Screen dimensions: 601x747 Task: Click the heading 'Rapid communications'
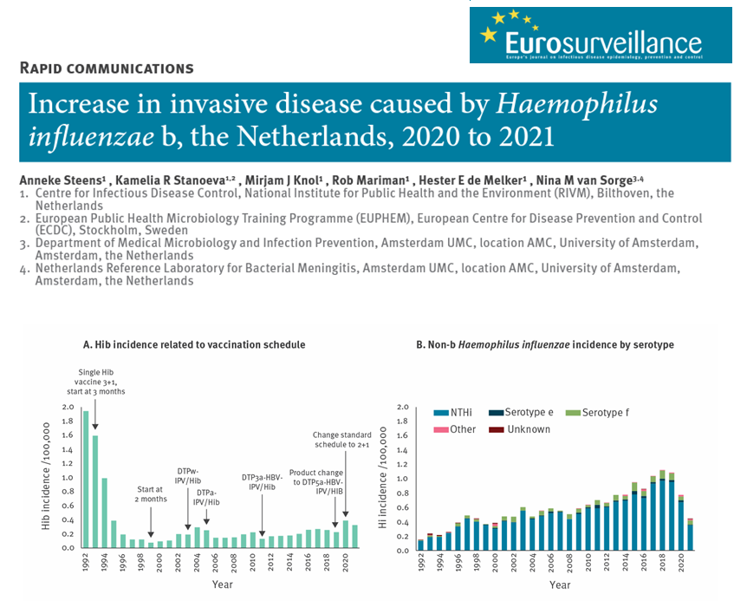click(106, 68)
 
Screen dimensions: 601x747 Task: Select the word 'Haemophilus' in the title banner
click(577, 105)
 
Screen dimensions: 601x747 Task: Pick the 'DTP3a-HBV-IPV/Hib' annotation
click(263, 482)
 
